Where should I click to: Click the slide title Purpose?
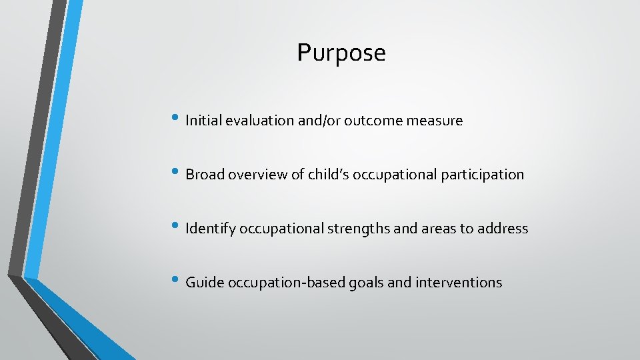(341, 53)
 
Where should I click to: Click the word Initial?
(203, 121)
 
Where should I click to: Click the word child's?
(329, 175)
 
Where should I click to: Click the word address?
(503, 229)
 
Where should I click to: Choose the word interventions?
(459, 283)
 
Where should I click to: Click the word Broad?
(205, 175)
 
